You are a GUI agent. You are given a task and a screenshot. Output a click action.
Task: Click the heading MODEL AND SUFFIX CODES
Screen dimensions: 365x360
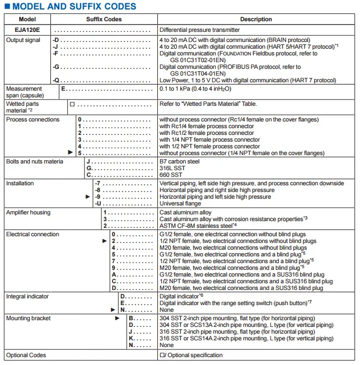[x=74, y=7]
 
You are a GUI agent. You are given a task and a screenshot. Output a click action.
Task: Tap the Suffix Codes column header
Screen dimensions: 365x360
[x=104, y=19]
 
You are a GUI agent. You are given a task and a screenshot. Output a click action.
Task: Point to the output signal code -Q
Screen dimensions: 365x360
[x=56, y=81]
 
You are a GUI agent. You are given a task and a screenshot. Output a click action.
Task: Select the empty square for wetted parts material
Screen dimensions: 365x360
[x=72, y=104]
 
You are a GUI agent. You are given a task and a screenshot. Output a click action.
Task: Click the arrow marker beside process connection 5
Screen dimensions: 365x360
[x=71, y=152]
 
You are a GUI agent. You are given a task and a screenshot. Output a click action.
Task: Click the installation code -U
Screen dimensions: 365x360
[x=97, y=204]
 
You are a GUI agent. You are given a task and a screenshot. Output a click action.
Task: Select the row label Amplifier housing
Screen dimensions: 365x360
[x=28, y=213]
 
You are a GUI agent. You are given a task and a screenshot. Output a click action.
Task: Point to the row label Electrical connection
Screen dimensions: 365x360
[x=32, y=235]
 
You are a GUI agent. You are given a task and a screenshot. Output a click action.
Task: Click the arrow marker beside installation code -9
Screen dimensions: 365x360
[x=87, y=197]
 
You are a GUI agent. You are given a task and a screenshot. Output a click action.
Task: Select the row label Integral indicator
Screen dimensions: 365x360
[x=27, y=296]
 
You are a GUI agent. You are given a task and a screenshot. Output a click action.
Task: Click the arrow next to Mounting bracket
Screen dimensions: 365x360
[x=118, y=318]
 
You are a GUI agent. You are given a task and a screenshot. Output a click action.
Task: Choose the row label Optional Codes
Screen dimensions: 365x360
[x=26, y=355]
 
